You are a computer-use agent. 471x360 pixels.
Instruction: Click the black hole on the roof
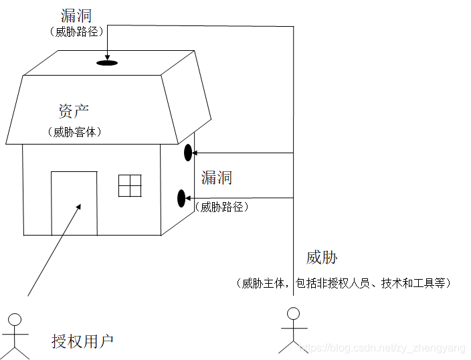coord(107,63)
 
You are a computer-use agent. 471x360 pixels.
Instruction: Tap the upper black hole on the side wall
coord(188,152)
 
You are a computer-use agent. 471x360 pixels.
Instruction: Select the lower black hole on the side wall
coord(181,198)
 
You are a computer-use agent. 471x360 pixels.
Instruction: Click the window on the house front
coord(130,185)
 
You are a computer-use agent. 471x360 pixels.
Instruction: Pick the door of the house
coord(74,203)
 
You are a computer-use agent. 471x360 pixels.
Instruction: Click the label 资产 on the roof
coord(74,111)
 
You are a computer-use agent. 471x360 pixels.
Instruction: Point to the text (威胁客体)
coord(74,132)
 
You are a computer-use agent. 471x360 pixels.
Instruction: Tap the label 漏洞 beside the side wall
coord(217,177)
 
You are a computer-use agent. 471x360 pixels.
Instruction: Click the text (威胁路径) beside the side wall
coord(223,207)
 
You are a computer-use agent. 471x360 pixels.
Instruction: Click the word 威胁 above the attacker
coord(322,258)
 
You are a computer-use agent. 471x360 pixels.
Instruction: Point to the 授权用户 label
coord(83,341)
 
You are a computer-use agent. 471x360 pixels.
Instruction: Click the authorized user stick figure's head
coord(15,319)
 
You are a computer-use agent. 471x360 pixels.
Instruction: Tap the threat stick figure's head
coord(293,312)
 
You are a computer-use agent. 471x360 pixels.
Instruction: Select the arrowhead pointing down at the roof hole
coord(107,57)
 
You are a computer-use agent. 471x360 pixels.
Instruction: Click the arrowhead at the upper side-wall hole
coord(195,153)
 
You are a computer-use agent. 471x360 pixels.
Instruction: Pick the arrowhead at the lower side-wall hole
coord(189,198)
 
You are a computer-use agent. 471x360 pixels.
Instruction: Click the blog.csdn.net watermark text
coord(381,349)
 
